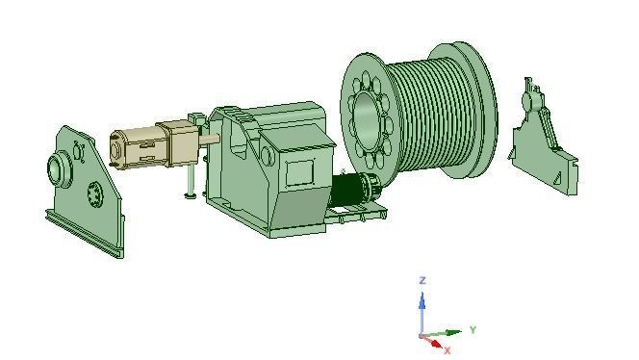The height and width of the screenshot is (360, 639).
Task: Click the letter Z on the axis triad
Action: pos(422,280)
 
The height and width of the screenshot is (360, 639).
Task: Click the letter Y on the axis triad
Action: pos(473,330)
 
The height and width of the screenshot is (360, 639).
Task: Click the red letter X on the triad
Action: pos(447,350)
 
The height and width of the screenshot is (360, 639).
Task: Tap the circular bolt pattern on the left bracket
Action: pos(94,193)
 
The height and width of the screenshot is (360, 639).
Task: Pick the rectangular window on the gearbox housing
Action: pos(302,173)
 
